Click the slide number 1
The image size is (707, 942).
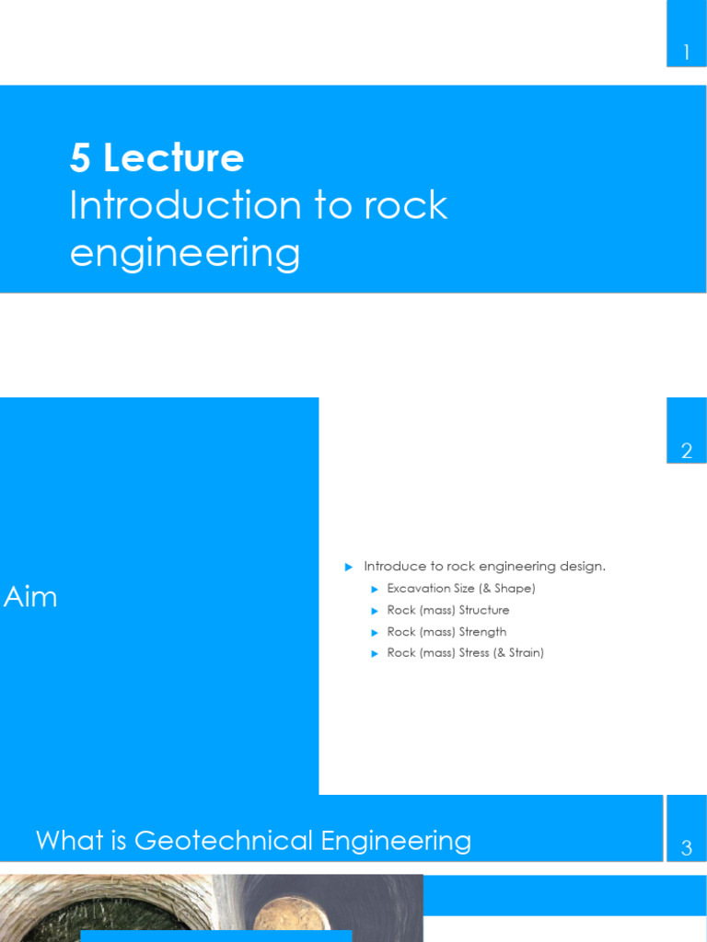686,53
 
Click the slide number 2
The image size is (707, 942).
686,451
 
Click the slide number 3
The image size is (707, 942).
686,849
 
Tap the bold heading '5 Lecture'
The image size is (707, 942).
156,158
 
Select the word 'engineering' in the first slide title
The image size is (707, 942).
185,252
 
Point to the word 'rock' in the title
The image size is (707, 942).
405,205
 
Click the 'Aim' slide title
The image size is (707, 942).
30,597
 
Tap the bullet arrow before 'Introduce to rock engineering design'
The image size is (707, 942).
349,567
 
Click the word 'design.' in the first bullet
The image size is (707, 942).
581,567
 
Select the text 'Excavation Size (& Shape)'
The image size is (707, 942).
460,589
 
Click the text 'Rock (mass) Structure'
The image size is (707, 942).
447,610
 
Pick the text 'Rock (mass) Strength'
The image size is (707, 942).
446,632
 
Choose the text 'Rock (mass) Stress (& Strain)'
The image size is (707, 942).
465,653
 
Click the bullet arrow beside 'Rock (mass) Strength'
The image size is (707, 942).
375,632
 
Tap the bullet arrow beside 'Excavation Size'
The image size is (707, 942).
375,589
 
